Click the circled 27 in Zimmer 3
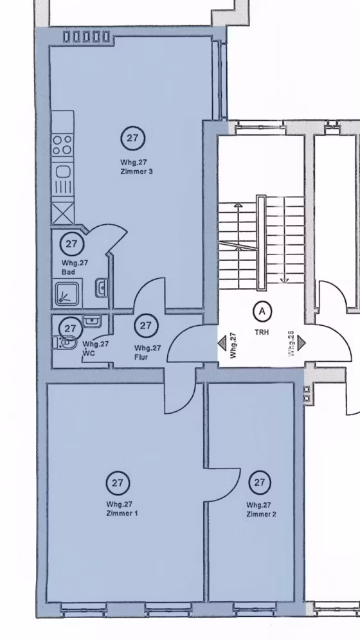tap(132, 138)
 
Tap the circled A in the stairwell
tap(262, 312)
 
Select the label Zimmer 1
tap(122, 513)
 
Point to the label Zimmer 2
tap(261, 514)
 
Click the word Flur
tap(141, 357)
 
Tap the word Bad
tap(68, 272)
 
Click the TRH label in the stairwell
tap(262, 332)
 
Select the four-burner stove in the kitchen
tap(62, 145)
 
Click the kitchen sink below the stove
tap(63, 179)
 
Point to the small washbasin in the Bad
tap(102, 288)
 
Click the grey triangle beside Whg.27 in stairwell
tap(222, 343)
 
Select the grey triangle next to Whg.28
tap(301, 343)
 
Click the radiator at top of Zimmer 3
tap(87, 37)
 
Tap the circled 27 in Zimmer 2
tap(260, 483)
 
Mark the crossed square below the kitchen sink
tap(63, 212)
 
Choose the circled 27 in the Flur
tap(146, 325)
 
